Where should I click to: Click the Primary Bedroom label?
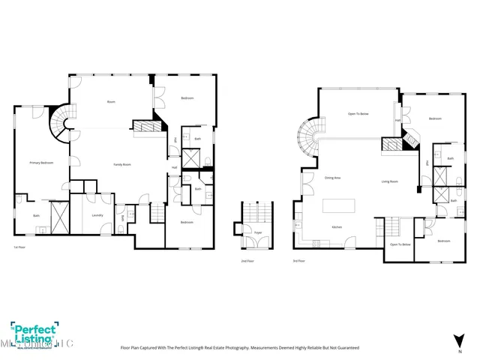point(41,162)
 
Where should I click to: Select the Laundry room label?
point(97,215)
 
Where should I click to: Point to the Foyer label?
point(257,233)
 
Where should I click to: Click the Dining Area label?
point(333,178)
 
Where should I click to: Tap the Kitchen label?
point(337,226)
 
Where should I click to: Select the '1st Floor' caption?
point(20,247)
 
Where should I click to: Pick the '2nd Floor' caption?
point(247,261)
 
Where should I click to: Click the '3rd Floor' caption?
point(299,261)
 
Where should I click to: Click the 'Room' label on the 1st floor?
point(110,101)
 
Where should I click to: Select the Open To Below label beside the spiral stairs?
point(358,114)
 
